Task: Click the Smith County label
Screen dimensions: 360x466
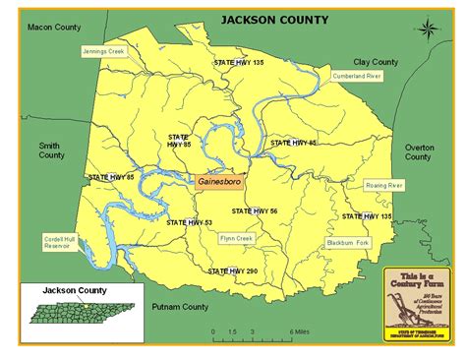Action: [50, 150]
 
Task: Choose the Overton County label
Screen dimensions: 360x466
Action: [419, 150]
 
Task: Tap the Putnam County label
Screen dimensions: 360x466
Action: [180, 308]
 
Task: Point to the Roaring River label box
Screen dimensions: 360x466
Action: [384, 184]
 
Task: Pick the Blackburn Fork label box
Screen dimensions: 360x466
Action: [348, 242]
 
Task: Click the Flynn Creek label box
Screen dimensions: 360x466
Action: [236, 237]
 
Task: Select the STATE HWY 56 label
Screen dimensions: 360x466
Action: [254, 210]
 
